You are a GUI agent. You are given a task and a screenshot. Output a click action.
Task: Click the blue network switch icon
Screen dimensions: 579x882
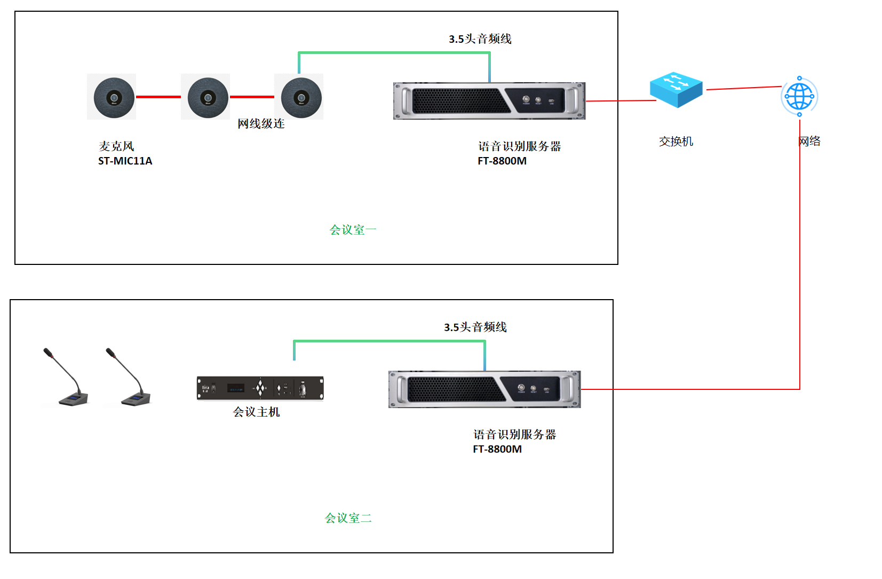point(676,90)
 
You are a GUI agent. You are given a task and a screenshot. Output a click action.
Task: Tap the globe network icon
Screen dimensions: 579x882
point(799,97)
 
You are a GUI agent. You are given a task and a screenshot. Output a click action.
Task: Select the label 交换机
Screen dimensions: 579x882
point(676,142)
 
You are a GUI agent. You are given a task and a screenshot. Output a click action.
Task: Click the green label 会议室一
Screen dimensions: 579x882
point(353,230)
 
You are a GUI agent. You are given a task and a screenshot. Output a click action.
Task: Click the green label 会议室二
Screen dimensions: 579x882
point(348,518)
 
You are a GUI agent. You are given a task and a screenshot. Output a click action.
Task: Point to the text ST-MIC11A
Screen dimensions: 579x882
point(125,161)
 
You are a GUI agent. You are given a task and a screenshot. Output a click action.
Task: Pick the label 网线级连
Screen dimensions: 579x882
point(261,124)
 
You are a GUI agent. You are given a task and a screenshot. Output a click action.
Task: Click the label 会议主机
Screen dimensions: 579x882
point(256,412)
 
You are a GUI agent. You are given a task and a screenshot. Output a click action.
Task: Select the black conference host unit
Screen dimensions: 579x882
point(260,388)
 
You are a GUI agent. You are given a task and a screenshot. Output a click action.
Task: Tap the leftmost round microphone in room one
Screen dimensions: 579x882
point(114,97)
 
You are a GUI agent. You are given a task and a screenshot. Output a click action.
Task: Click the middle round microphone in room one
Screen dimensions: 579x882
point(208,97)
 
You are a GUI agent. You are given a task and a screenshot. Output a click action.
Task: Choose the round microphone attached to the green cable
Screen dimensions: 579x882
point(301,97)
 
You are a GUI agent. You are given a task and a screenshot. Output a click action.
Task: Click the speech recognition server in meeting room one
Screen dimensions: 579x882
point(489,101)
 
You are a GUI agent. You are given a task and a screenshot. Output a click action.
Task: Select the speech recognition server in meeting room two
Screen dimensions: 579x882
point(484,389)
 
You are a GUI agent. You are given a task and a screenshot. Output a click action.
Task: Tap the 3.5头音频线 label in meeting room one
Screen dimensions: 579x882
point(480,39)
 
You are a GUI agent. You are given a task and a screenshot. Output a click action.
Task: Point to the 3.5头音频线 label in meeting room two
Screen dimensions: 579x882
point(475,327)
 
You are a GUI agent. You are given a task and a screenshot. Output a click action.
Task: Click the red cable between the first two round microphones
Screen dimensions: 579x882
point(158,97)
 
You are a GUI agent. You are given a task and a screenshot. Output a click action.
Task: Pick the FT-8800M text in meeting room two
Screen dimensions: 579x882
point(497,449)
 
